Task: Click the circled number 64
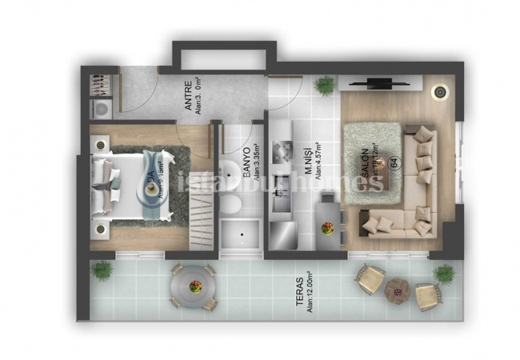click(394, 163)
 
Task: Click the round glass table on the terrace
click(192, 284)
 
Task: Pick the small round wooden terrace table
click(396, 290)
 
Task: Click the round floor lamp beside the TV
click(439, 92)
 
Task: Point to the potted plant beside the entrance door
click(325, 84)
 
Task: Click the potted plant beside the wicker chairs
click(444, 274)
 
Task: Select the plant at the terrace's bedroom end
click(102, 270)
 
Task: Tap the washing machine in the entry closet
click(101, 108)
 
